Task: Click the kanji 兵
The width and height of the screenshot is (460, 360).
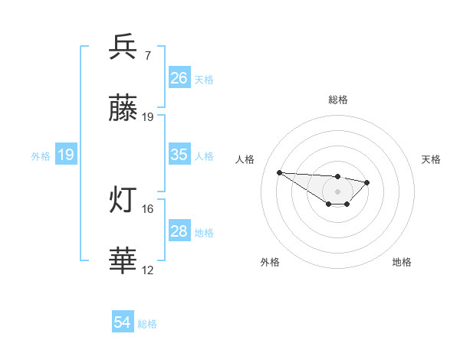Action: pyautogui.click(x=123, y=47)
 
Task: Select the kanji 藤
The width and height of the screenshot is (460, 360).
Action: pyautogui.click(x=123, y=110)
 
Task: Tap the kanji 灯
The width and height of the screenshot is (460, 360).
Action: pyautogui.click(x=123, y=201)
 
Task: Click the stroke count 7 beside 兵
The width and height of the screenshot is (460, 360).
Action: pyautogui.click(x=147, y=55)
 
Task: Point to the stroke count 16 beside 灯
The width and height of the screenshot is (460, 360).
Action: pyautogui.click(x=148, y=208)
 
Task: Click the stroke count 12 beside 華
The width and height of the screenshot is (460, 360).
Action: pyautogui.click(x=148, y=270)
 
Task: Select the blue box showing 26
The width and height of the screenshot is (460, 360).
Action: pyautogui.click(x=179, y=77)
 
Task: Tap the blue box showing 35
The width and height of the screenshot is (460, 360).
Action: pyautogui.click(x=179, y=155)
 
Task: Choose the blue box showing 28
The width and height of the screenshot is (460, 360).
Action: pyautogui.click(x=179, y=231)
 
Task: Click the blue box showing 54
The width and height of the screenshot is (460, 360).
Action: pyautogui.click(x=123, y=322)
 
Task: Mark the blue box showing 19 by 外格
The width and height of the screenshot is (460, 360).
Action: pyautogui.click(x=66, y=155)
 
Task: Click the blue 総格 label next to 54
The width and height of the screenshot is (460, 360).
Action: pyautogui.click(x=147, y=324)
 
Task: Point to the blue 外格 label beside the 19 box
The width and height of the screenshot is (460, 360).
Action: pyautogui.click(x=41, y=156)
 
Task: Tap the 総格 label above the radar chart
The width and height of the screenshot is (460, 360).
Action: pyautogui.click(x=337, y=100)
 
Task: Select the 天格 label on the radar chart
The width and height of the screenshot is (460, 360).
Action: pyautogui.click(x=431, y=159)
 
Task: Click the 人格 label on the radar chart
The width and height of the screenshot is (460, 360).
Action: pyautogui.click(x=245, y=159)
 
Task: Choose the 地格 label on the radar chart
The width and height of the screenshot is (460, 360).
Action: pyautogui.click(x=402, y=262)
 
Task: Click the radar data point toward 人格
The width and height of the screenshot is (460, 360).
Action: pyautogui.click(x=279, y=172)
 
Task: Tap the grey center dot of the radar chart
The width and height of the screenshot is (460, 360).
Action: pyautogui.click(x=337, y=191)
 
